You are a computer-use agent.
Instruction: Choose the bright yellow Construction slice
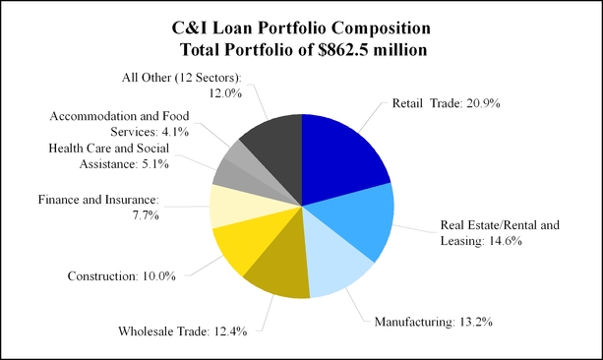click(x=250, y=238)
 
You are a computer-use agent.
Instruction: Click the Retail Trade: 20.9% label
click(x=446, y=103)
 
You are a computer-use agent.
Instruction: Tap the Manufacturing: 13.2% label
click(x=434, y=322)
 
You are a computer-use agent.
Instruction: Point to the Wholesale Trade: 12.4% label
click(x=183, y=331)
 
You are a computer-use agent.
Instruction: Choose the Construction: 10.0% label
click(x=122, y=276)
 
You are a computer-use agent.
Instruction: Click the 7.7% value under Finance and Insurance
click(x=146, y=215)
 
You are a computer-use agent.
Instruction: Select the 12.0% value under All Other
click(x=225, y=93)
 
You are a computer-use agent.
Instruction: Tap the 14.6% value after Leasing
click(x=506, y=241)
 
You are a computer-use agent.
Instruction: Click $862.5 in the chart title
click(x=343, y=50)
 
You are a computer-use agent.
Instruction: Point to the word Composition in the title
click(x=381, y=29)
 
